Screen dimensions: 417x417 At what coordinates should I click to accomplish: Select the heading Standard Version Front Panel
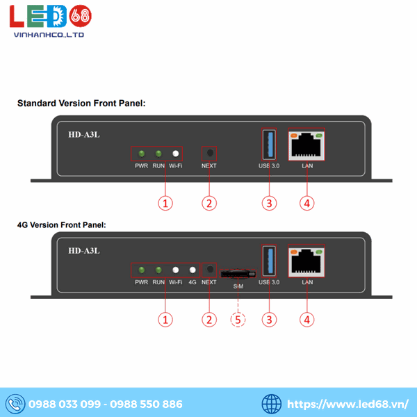coord(81,104)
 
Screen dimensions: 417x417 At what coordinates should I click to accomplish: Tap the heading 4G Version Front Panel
coord(62,225)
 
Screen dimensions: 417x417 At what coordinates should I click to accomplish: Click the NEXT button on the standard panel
coord(208,154)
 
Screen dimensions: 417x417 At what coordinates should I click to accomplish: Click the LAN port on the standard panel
coord(306,145)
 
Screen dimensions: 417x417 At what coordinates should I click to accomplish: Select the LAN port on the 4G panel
coord(306,261)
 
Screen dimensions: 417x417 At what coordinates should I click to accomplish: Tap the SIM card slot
coord(238,274)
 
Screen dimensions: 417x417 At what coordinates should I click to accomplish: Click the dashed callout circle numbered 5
coord(238,320)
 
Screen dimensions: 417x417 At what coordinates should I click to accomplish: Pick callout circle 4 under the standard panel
coord(306,203)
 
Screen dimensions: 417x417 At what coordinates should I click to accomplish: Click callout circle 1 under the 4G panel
coord(165,320)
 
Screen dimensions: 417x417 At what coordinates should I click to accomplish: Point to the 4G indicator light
coord(193,270)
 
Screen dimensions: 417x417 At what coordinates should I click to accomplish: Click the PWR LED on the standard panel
coord(141,154)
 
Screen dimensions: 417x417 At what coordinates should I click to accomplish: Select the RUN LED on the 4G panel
coord(158,270)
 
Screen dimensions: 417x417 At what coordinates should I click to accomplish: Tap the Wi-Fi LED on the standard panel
coord(176,154)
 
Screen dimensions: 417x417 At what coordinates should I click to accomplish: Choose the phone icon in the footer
coord(14,404)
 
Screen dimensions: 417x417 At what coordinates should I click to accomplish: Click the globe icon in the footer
coord(272,404)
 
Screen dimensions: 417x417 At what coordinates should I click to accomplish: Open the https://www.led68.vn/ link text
coord(347,404)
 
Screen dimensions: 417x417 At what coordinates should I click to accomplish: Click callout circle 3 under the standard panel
coord(269,203)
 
